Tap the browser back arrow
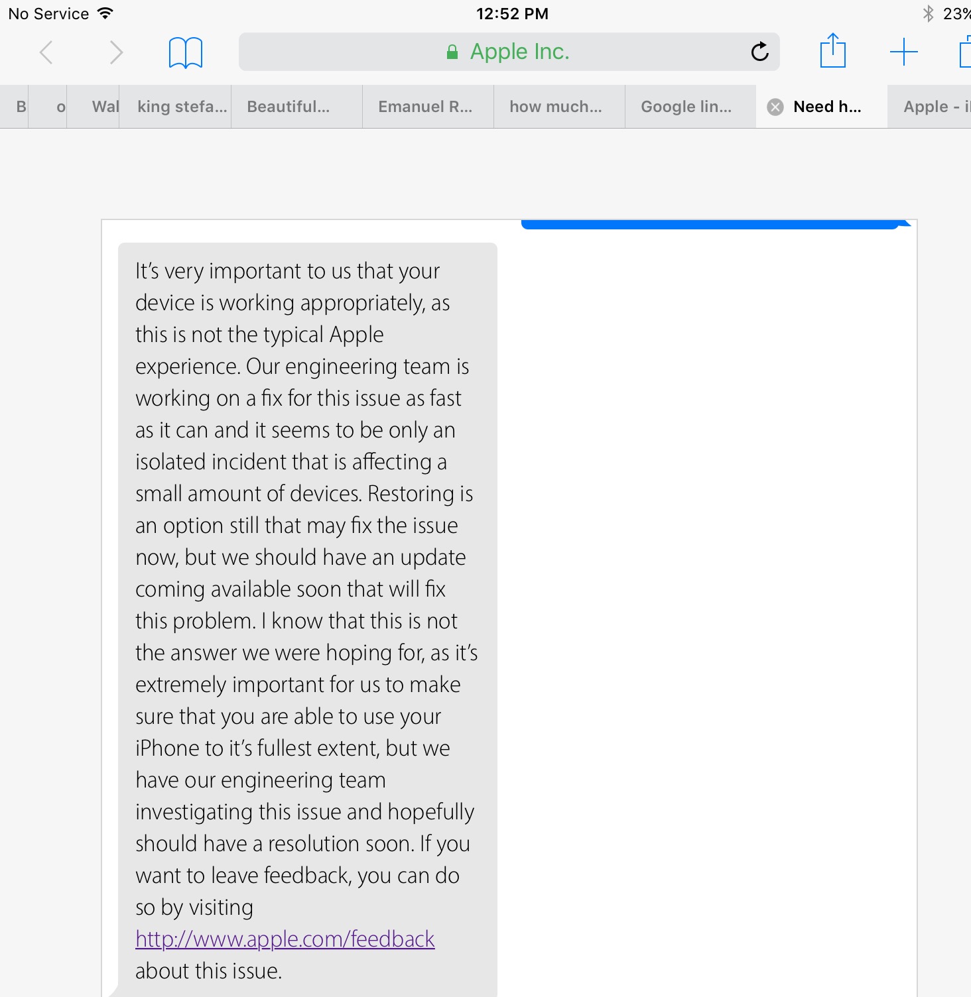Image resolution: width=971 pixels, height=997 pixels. [46, 52]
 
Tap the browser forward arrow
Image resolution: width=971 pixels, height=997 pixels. [116, 52]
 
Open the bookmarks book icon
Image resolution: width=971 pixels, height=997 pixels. [186, 52]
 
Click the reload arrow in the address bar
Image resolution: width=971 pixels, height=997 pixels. [759, 52]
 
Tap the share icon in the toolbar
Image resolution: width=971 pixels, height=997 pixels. [833, 51]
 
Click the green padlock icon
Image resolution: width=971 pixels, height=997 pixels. [452, 52]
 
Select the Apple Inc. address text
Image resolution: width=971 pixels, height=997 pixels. [519, 52]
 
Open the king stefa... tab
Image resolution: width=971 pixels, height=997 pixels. [182, 107]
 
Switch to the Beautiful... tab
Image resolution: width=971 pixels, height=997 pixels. [289, 107]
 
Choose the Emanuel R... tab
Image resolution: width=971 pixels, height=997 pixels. [425, 107]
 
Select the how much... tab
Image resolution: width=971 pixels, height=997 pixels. [556, 107]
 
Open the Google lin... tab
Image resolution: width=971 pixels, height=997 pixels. [686, 107]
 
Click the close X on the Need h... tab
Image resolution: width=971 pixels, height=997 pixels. [775, 107]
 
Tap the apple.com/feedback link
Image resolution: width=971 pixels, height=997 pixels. [285, 939]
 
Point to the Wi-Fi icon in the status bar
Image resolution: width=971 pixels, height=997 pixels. [105, 13]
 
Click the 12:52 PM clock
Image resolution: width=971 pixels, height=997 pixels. [512, 14]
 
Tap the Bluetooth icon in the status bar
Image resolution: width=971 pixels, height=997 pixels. [929, 13]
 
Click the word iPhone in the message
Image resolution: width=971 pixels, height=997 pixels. [169, 748]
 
